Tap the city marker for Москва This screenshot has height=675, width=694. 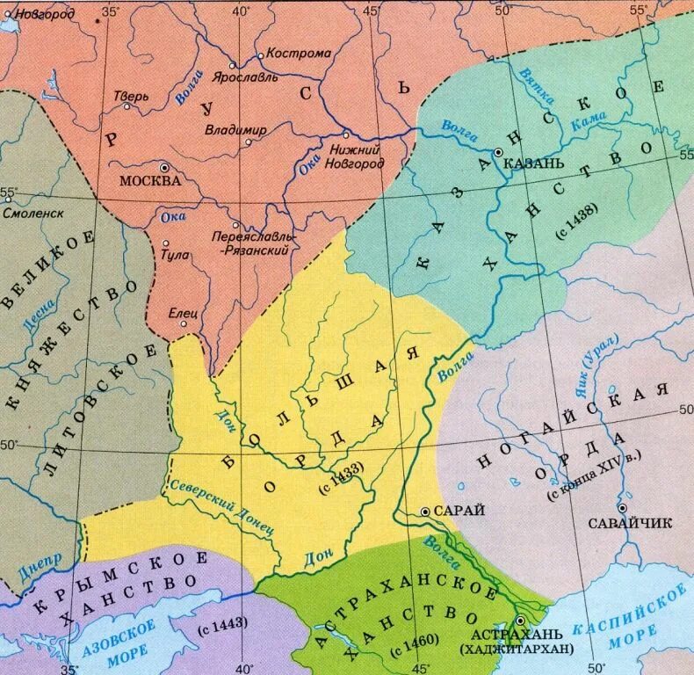tap(163, 167)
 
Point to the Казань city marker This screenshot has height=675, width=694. tap(498, 153)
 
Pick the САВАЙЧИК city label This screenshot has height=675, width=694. tap(639, 523)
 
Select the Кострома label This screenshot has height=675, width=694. tap(299, 53)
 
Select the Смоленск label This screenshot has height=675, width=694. tap(33, 213)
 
